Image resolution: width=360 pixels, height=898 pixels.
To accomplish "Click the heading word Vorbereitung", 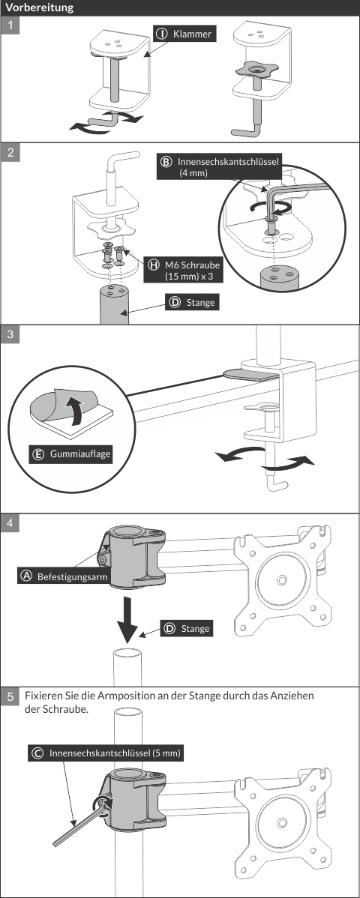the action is [40, 8].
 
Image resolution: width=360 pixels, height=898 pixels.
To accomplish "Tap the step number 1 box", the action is [10, 25].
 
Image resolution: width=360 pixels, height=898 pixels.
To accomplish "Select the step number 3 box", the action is [10, 334].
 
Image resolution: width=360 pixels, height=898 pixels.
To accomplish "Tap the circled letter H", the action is [153, 265].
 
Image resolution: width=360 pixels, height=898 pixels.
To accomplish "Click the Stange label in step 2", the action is [193, 302].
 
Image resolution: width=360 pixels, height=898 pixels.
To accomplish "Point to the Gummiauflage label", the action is [72, 455].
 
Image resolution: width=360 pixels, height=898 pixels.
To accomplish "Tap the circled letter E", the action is [38, 455].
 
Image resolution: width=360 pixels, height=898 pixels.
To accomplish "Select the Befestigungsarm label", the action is [64, 576].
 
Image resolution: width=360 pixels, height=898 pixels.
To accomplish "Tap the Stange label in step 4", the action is [187, 628].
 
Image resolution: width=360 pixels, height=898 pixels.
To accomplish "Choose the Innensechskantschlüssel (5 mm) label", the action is [106, 753].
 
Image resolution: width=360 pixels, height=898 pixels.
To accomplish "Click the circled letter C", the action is [37, 753].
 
